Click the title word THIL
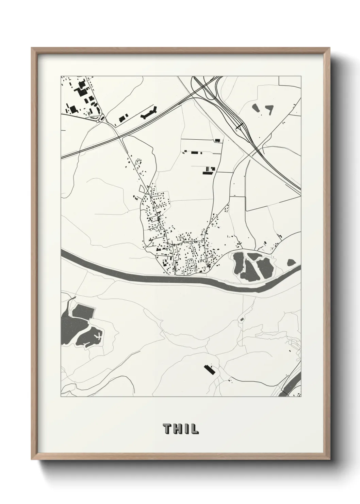(180, 429)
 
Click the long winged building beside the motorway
(149, 112)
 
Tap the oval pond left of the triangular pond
(256, 108)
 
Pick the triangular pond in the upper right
(270, 109)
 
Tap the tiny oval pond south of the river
(242, 319)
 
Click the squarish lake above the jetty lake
(83, 312)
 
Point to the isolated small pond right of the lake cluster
(291, 262)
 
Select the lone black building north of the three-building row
(217, 140)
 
